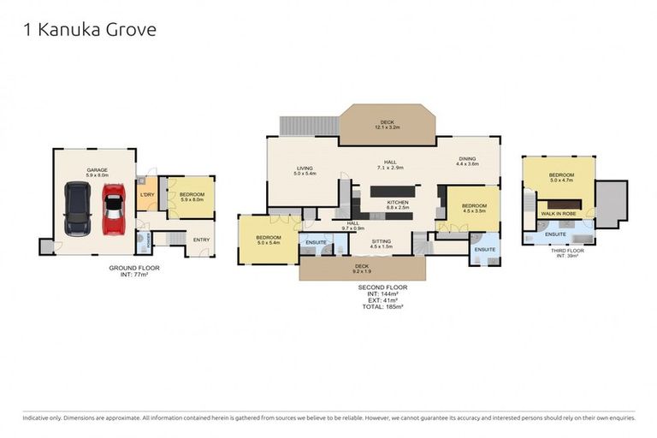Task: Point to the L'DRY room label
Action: (146, 195)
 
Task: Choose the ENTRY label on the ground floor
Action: (201, 240)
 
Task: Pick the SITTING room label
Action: (381, 243)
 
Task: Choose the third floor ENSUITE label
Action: (555, 234)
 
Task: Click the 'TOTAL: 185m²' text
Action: (382, 305)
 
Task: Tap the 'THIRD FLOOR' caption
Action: (560, 251)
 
